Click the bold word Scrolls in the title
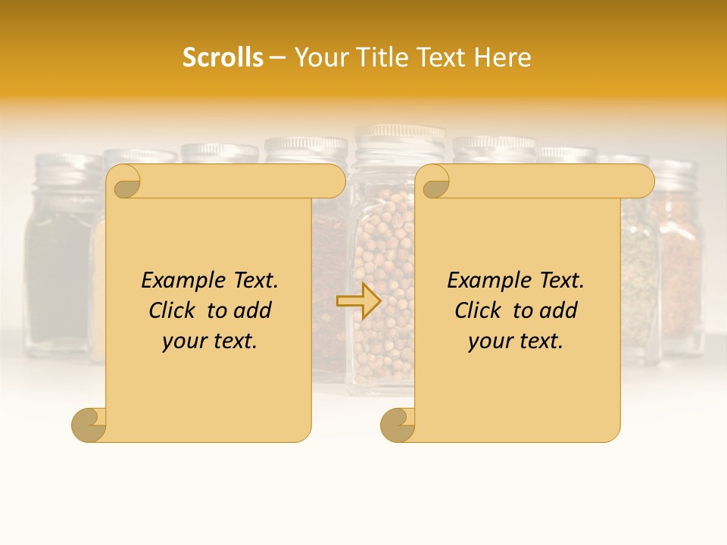pos(223,58)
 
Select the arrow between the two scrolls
pos(359,301)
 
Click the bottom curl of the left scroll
pos(89,424)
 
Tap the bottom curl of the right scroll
pos(398,424)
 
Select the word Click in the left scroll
pos(173,311)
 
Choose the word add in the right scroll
pos(557,311)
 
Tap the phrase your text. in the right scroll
pos(516,341)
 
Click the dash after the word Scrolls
pos(278,58)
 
